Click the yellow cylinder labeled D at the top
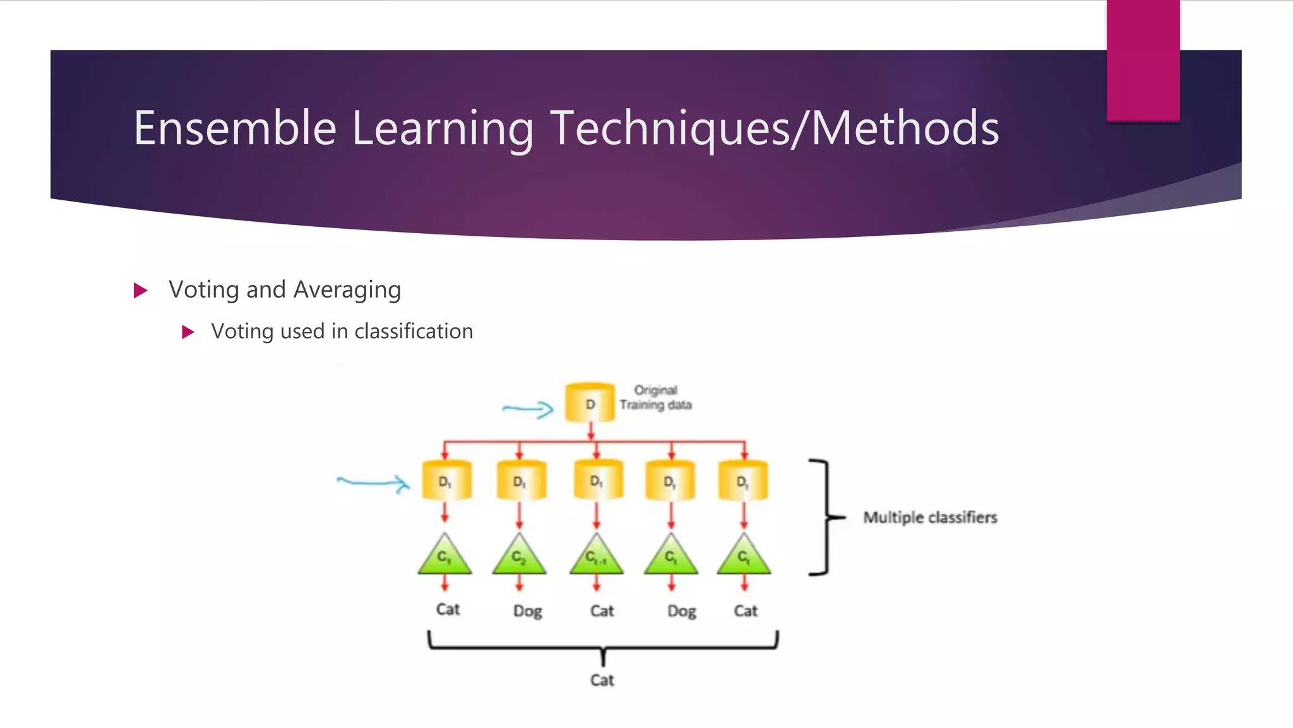(590, 403)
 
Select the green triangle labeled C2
(519, 555)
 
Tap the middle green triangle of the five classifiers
(597, 555)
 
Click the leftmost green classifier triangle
(444, 555)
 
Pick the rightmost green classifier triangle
(744, 555)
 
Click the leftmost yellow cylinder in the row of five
(446, 481)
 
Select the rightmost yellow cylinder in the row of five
(743, 481)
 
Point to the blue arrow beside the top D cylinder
(528, 409)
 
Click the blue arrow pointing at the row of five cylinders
(373, 483)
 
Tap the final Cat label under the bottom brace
(602, 680)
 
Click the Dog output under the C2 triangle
(527, 611)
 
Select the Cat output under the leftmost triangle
(448, 609)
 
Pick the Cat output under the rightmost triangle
(745, 610)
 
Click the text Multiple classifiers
(930, 518)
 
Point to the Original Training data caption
(655, 397)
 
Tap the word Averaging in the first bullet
(347, 289)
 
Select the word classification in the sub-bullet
(414, 331)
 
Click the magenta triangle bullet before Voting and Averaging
(141, 291)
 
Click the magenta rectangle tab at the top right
(1143, 60)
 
